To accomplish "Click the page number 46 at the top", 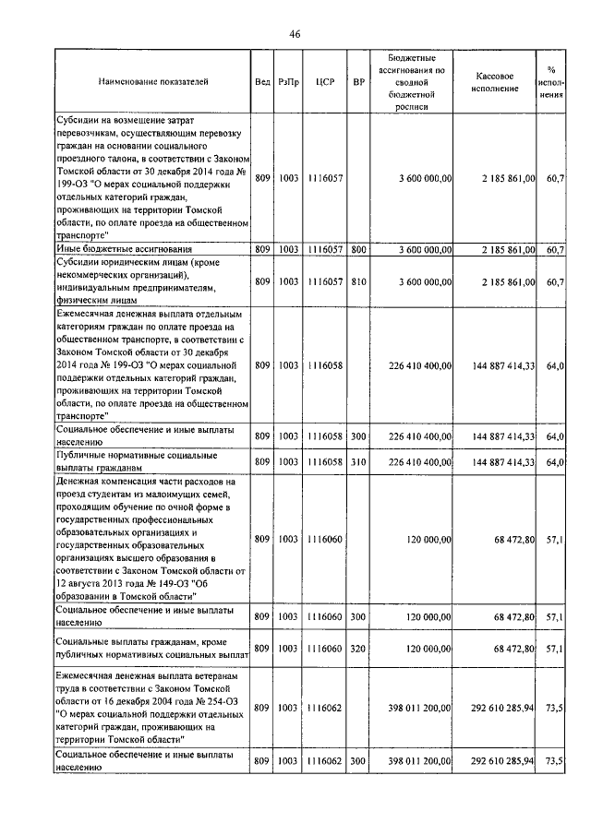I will (x=295, y=34).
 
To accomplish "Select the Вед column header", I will (x=261, y=82).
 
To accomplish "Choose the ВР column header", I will (x=358, y=82).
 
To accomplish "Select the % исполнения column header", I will (x=551, y=82).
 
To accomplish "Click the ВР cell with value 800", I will (x=358, y=249).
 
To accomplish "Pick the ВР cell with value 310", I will (x=358, y=461).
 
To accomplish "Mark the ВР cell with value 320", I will (x=358, y=649).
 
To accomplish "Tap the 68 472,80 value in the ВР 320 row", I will (x=511, y=649).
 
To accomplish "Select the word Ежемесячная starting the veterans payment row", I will (x=88, y=676).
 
